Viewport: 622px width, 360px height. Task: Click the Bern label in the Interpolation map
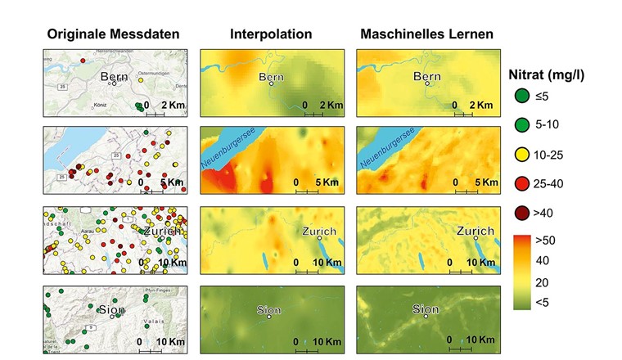(271, 77)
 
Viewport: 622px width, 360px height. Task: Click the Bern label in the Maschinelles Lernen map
(427, 77)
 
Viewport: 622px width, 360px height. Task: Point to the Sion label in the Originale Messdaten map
(110, 309)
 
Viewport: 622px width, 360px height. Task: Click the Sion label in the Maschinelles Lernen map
(426, 309)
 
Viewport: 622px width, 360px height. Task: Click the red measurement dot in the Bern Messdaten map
(83, 61)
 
